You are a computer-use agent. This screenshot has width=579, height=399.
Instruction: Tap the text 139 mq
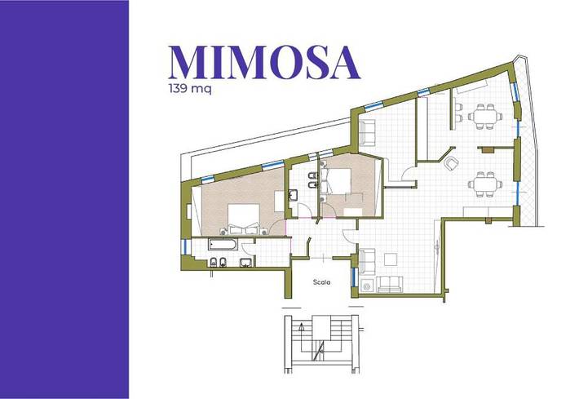pyautogui.click(x=190, y=90)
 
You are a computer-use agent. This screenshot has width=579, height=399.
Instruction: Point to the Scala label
pyautogui.click(x=321, y=282)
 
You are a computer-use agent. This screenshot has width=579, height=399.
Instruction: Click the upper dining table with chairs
pyautogui.click(x=485, y=116)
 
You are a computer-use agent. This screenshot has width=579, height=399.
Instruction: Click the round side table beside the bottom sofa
pyautogui.click(x=367, y=285)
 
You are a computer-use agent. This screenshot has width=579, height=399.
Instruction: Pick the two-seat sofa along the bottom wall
pyautogui.click(x=391, y=283)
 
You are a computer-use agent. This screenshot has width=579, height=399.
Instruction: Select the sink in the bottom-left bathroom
pyautogui.click(x=245, y=263)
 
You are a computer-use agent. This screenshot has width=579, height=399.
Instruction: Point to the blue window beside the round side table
pyautogui.click(x=354, y=276)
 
